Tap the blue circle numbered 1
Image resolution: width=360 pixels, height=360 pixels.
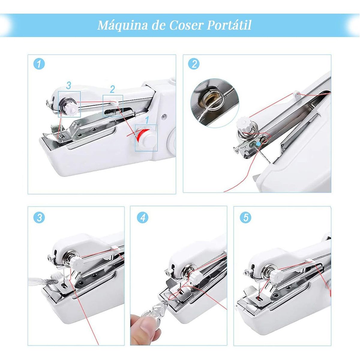(x=39, y=64)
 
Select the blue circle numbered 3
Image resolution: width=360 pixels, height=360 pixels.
(x=39, y=217)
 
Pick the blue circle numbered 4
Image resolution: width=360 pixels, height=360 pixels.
(x=142, y=217)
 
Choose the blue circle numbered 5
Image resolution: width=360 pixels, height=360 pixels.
(x=246, y=217)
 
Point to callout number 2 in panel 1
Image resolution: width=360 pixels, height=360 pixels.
(x=112, y=89)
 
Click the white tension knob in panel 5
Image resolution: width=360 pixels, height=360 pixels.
(x=277, y=275)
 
